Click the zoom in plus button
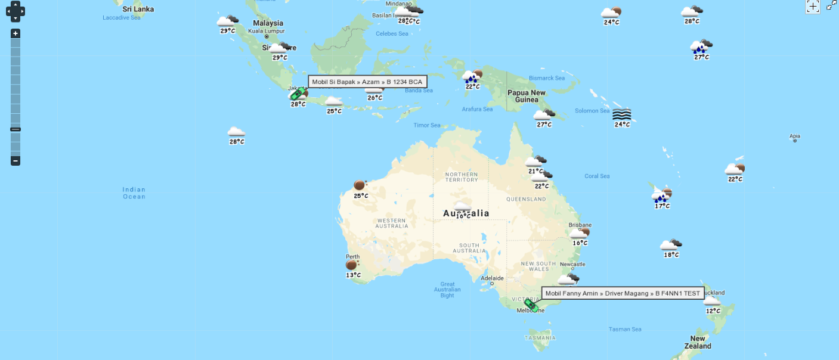[x=16, y=33]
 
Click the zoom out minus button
[x=16, y=160]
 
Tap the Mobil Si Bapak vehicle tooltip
[x=367, y=82]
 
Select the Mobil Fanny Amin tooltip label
[x=623, y=293]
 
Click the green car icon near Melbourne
[x=531, y=305]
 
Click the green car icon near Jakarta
[x=296, y=94]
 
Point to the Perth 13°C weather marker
[x=352, y=266]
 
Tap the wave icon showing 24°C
[x=621, y=116]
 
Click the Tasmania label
[x=540, y=338]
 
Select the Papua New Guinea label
[x=526, y=96]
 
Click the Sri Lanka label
[x=138, y=9]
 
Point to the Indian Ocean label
[x=134, y=193]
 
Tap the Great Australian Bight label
[x=447, y=290]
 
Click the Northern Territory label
[x=461, y=177]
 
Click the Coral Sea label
[x=597, y=176]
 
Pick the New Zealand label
[x=697, y=342]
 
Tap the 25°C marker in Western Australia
[x=360, y=187]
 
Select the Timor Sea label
[x=427, y=125]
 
